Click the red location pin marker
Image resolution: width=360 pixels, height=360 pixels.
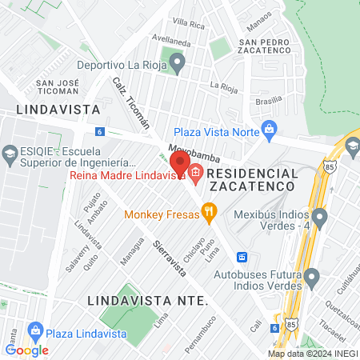pos(180,163)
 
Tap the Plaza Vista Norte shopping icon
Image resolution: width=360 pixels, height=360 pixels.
pos(270,128)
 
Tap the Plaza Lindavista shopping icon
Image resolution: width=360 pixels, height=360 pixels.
pos(34,330)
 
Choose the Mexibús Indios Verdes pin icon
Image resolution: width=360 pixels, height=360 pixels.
pos(320,216)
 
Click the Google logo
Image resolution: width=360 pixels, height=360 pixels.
pos(27,350)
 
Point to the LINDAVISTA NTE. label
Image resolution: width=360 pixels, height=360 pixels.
pos(147,300)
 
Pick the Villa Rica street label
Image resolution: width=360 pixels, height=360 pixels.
pos(189,23)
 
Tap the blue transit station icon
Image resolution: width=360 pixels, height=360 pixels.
pos(242,257)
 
